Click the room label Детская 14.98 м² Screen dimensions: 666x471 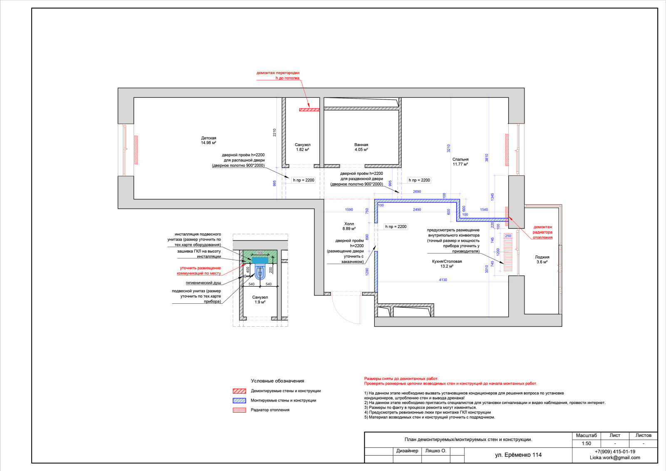(x=209, y=140)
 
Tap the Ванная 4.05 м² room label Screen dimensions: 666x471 (x=361, y=147)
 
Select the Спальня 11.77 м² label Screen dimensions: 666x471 (x=460, y=162)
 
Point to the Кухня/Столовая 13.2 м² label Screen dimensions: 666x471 (x=447, y=263)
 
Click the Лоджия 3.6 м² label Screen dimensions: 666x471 (x=542, y=259)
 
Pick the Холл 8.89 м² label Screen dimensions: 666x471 (x=349, y=226)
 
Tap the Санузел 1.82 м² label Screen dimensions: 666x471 (x=302, y=147)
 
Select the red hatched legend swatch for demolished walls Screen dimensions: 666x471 (x=239, y=391)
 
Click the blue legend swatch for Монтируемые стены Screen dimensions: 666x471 (x=239, y=401)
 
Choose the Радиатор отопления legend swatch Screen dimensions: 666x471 (x=239, y=410)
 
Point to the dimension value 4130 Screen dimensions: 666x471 (x=443, y=280)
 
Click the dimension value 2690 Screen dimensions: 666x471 (x=417, y=192)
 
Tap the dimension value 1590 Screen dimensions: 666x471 (x=349, y=210)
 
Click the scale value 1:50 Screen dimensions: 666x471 (x=586, y=444)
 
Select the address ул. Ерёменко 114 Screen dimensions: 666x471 (x=518, y=455)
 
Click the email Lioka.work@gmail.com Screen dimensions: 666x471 (x=615, y=458)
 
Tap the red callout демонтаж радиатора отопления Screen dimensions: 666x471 (x=542, y=232)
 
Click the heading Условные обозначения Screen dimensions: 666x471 (x=277, y=381)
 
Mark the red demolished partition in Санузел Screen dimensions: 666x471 (x=309, y=110)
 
